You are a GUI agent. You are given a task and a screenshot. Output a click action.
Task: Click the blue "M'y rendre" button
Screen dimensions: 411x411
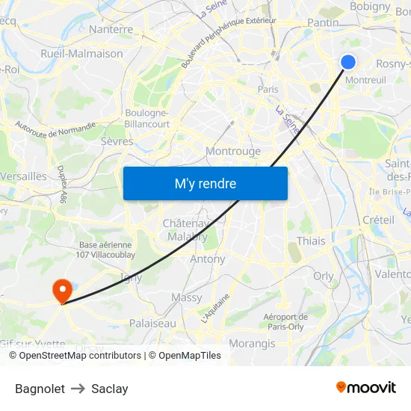click(x=205, y=183)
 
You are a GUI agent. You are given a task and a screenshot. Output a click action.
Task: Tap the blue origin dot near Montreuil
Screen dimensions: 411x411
click(x=348, y=61)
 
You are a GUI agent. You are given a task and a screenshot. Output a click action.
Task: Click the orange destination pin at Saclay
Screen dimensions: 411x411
click(x=61, y=290)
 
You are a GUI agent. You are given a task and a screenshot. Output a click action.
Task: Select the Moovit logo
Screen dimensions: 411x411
click(x=365, y=387)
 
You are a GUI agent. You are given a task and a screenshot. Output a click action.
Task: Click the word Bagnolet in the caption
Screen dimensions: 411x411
click(x=40, y=389)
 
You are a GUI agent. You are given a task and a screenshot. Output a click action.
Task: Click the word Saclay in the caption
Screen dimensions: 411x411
click(x=110, y=389)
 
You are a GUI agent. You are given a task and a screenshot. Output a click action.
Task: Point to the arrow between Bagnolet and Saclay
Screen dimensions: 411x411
click(x=78, y=389)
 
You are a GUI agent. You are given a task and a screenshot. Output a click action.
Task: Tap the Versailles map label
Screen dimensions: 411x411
click(x=23, y=176)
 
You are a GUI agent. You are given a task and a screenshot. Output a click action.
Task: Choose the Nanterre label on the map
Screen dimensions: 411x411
click(x=111, y=30)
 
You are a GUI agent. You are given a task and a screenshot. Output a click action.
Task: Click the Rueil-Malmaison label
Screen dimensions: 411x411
click(x=81, y=54)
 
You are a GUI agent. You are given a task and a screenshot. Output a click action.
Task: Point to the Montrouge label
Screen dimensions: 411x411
click(x=233, y=151)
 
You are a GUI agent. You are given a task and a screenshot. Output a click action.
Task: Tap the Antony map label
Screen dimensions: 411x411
click(x=208, y=259)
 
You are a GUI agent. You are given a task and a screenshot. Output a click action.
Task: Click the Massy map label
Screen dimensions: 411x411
click(x=187, y=297)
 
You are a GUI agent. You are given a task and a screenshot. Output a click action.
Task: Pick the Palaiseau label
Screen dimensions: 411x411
click(x=153, y=324)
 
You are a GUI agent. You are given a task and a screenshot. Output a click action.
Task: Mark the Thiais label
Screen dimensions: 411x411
click(x=311, y=241)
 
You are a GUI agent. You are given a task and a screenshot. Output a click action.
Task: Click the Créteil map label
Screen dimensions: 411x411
click(x=378, y=220)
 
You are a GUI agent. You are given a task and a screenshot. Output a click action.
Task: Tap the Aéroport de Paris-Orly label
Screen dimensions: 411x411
click(x=284, y=321)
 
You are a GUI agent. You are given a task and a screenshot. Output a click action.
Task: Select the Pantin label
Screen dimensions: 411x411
click(x=323, y=22)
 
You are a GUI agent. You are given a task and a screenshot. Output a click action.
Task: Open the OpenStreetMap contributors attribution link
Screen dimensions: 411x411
click(x=75, y=356)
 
